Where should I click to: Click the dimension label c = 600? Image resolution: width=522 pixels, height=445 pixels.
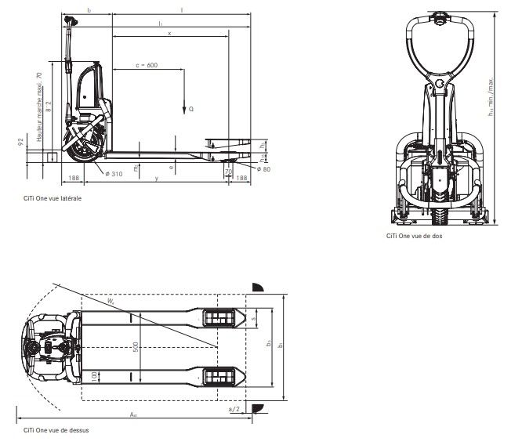tap(147, 66)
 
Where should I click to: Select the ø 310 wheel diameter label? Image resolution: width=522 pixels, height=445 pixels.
tap(114, 173)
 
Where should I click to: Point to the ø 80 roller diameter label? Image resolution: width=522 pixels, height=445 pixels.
tap(263, 169)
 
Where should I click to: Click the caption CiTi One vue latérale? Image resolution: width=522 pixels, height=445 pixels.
tap(53, 199)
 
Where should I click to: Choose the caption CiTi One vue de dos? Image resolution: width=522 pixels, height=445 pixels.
tap(414, 236)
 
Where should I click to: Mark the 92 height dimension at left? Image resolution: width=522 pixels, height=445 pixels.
tap(20, 142)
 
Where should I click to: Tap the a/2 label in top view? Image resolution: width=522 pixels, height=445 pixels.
tap(233, 409)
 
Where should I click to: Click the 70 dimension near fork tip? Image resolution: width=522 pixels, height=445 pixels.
tap(228, 171)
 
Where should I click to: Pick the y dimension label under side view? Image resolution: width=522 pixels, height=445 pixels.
tap(157, 179)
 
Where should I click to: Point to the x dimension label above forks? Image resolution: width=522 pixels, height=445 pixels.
tap(169, 33)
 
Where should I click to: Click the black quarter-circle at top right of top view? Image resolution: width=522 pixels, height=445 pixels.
tap(257, 285)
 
